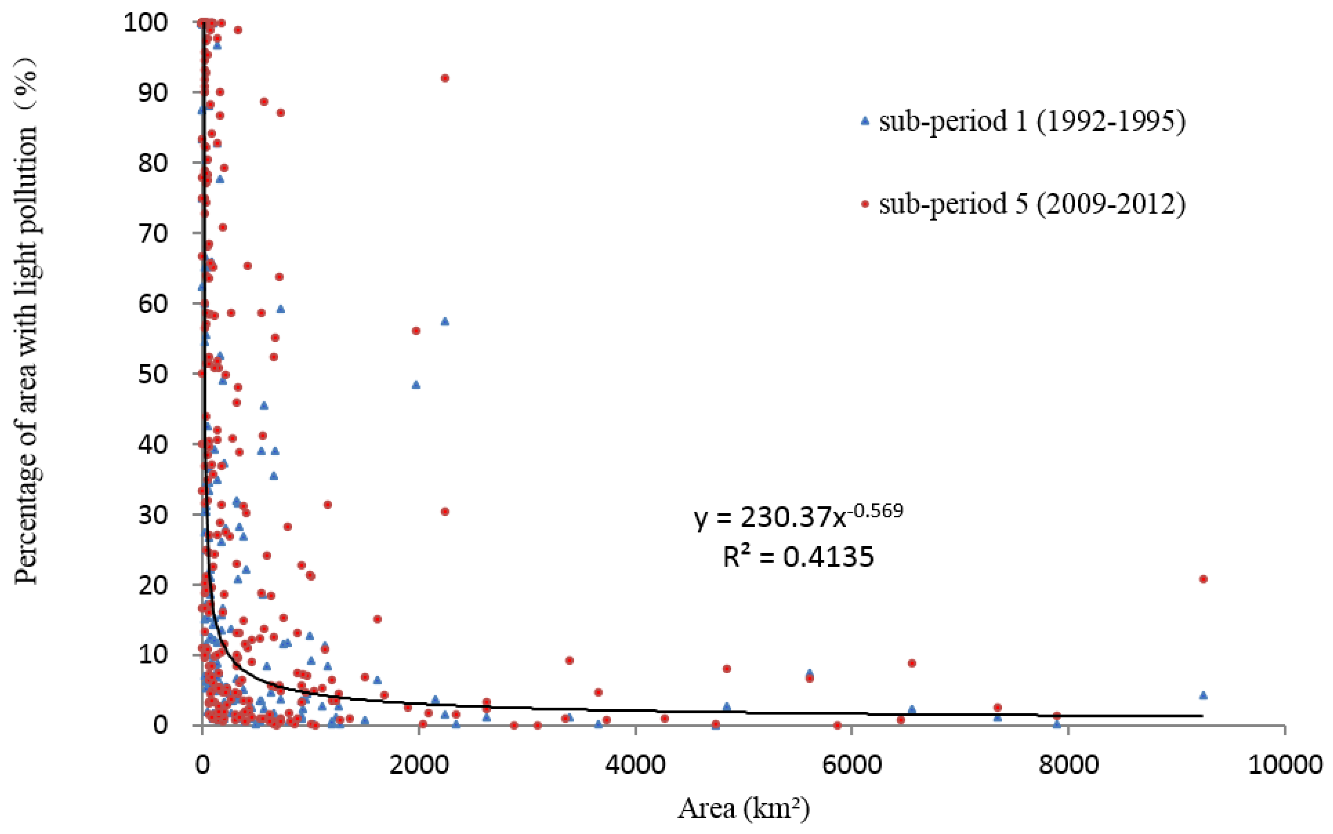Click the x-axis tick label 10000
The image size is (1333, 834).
(x=1285, y=765)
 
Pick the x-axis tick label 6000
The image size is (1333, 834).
(x=852, y=765)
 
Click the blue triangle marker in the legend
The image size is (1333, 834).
(x=866, y=120)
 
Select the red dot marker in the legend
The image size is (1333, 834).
(x=866, y=205)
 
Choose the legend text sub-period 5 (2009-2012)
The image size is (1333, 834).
(x=1032, y=205)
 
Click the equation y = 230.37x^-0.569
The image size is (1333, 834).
(x=798, y=517)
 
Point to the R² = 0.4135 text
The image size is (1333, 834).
(x=798, y=557)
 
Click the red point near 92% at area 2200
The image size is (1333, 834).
(x=445, y=78)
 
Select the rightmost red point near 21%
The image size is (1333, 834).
(x=1203, y=579)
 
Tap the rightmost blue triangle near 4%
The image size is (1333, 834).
(x=1203, y=695)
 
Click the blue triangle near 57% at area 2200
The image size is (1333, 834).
(x=445, y=321)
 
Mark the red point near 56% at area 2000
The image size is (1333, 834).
(x=416, y=330)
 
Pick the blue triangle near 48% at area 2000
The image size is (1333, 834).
(x=416, y=385)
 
